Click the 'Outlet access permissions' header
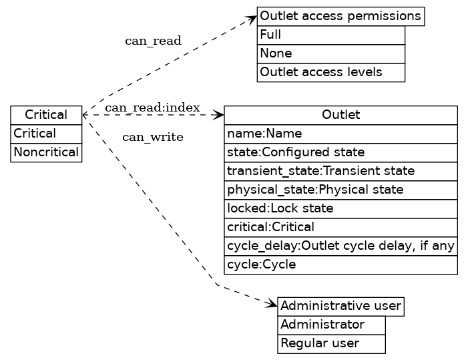[340, 16]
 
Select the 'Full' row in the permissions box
[331, 35]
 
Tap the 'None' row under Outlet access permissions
[331, 53]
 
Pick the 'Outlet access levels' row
[331, 72]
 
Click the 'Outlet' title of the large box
[340, 115]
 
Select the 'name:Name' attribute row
[340, 134]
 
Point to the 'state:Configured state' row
[340, 152]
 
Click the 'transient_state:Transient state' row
[340, 171]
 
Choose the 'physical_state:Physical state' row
[340, 190]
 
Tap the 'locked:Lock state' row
[340, 208]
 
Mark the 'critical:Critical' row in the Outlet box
[340, 227]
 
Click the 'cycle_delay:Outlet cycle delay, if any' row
[340, 246]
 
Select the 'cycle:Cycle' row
[340, 264]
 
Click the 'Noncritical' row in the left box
[46, 152]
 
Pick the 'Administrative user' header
[340, 307]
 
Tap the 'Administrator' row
[331, 325]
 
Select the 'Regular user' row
[331, 343]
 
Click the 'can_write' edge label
[153, 138]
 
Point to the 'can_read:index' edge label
[153, 108]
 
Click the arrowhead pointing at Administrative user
[272, 305]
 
